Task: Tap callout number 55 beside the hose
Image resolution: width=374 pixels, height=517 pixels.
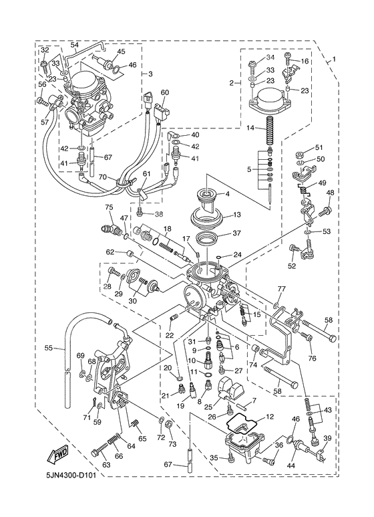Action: (x=48, y=348)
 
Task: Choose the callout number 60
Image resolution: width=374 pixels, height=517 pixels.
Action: (x=165, y=92)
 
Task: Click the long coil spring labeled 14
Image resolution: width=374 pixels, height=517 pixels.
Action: (x=270, y=130)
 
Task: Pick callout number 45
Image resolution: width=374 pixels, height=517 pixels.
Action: (x=121, y=51)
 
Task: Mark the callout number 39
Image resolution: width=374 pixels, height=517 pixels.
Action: (x=327, y=438)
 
